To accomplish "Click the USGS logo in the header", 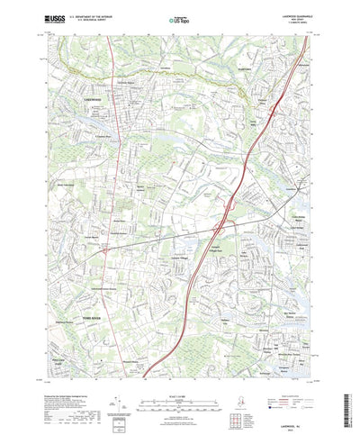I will point(55,19).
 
